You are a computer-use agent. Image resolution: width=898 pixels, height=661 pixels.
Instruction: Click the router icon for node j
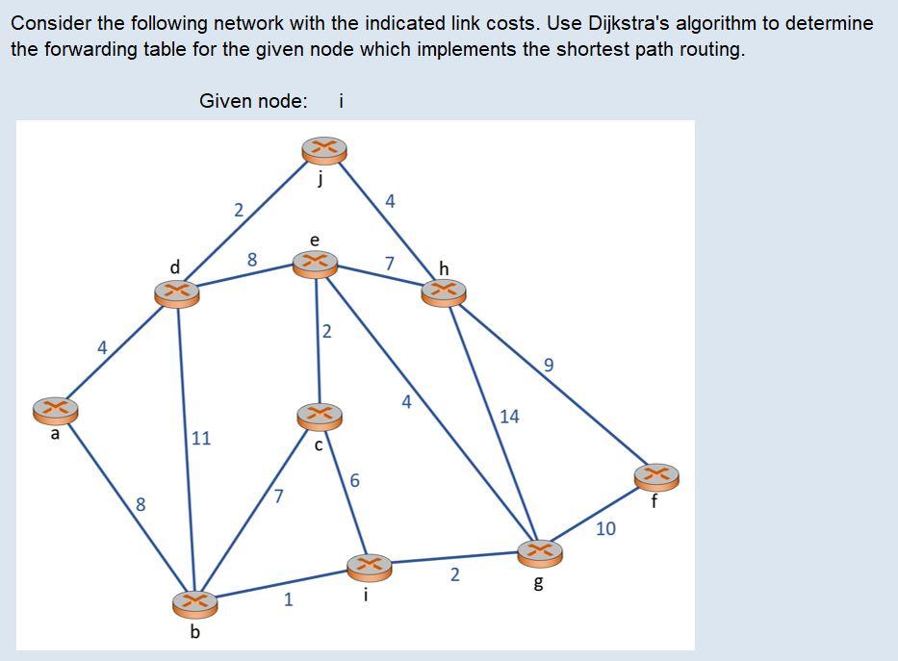[323, 149]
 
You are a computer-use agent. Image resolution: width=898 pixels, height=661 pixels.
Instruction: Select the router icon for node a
[55, 410]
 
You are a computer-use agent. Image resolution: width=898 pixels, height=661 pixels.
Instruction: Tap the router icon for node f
[656, 475]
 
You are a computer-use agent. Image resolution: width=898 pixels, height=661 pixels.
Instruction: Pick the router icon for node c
[320, 416]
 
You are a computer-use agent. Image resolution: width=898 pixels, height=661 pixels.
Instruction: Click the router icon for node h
[443, 292]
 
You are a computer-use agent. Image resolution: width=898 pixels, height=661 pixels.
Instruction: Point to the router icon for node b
[194, 602]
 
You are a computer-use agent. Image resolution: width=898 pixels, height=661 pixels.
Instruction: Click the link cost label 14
[509, 416]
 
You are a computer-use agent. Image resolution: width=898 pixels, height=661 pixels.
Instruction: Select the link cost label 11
[201, 438]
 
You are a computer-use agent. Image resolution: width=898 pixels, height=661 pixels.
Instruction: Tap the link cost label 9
[549, 365]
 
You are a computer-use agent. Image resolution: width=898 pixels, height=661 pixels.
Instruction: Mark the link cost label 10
[605, 528]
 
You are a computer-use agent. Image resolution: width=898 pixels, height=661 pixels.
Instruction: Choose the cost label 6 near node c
[354, 480]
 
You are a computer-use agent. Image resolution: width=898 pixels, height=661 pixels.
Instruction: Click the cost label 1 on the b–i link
[287, 600]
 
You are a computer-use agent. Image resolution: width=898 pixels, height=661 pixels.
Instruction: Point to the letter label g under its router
[538, 584]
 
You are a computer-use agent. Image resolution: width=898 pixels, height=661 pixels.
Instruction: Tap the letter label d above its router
[174, 266]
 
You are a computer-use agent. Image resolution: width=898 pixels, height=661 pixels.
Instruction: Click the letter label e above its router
[314, 239]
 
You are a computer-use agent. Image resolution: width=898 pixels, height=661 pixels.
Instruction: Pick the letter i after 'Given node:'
[342, 100]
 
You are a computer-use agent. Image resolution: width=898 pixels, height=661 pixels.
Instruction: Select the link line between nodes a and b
[125, 506]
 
